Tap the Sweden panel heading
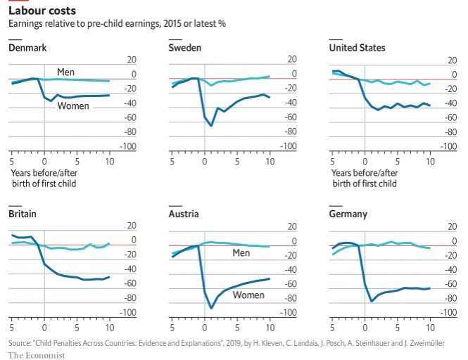pos(185,48)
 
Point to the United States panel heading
pos(357,48)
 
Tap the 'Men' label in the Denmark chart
pos(66,71)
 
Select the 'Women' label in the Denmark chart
pos(73,105)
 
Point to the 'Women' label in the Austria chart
pos(249,295)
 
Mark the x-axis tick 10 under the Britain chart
pos(109,328)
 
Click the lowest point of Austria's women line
pos(211,308)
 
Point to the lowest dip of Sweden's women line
pos(211,126)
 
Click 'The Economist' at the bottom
pos(37,354)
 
